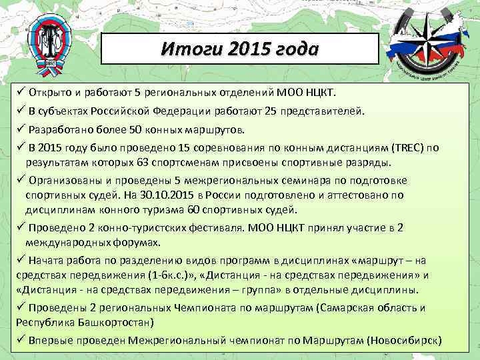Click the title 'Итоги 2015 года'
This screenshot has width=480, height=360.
241,49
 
